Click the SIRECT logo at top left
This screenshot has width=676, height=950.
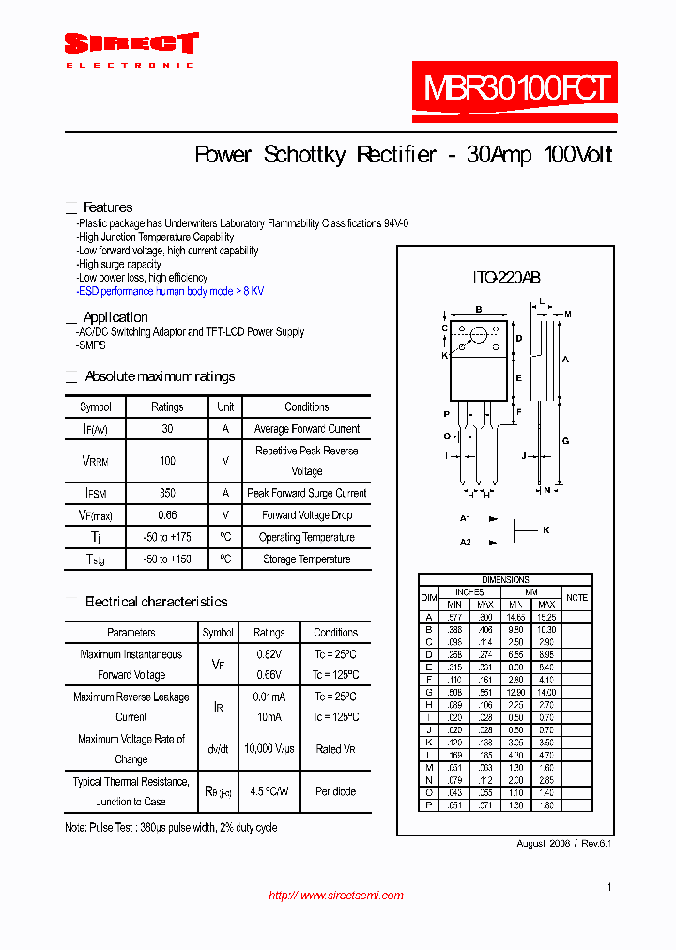point(131,44)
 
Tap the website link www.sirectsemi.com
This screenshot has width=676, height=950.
point(336,896)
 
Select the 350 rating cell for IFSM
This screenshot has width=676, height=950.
point(167,493)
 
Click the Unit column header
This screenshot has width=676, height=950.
point(225,407)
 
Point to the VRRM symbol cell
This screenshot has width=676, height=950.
point(96,461)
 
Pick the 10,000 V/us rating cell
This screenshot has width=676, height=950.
point(269,749)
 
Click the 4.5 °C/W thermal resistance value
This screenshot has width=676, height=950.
point(269,791)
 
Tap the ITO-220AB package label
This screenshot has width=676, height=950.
point(505,278)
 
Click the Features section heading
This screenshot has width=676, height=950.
point(108,207)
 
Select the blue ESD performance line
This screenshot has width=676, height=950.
point(171,291)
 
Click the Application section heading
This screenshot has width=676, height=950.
point(115,317)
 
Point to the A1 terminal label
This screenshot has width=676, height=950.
point(465,518)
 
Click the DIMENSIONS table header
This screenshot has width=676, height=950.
point(505,580)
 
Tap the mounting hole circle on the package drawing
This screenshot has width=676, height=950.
point(478,334)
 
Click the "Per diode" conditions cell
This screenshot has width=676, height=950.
point(335,791)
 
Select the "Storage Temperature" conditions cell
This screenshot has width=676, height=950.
point(306,559)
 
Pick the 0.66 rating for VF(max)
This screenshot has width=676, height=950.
point(167,515)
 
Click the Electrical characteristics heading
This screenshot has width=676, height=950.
point(156,602)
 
